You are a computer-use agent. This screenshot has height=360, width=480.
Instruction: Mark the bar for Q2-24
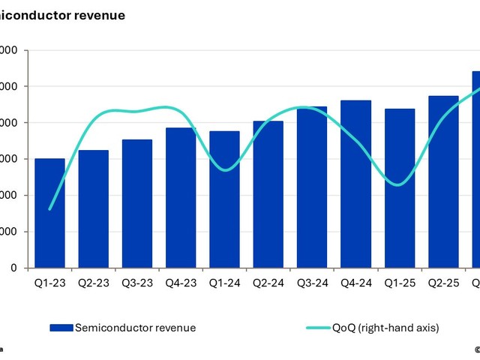pyautogui.click(x=268, y=194)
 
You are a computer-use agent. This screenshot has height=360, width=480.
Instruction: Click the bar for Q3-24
pyautogui.click(x=312, y=187)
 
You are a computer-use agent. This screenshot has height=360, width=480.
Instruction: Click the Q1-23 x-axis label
pyautogui.click(x=49, y=283)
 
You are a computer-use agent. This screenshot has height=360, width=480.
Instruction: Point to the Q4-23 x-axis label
pyautogui.click(x=181, y=283)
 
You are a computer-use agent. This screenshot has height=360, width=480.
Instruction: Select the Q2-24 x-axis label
pyautogui.click(x=268, y=283)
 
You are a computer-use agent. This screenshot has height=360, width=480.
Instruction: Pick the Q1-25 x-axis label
pyautogui.click(x=399, y=283)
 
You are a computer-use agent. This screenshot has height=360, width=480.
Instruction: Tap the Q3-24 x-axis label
pyautogui.click(x=312, y=283)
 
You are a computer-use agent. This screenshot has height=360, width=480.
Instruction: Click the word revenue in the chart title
pyautogui.click(x=99, y=14)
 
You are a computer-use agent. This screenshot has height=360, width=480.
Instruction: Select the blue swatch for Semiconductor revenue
pyautogui.click(x=61, y=327)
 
